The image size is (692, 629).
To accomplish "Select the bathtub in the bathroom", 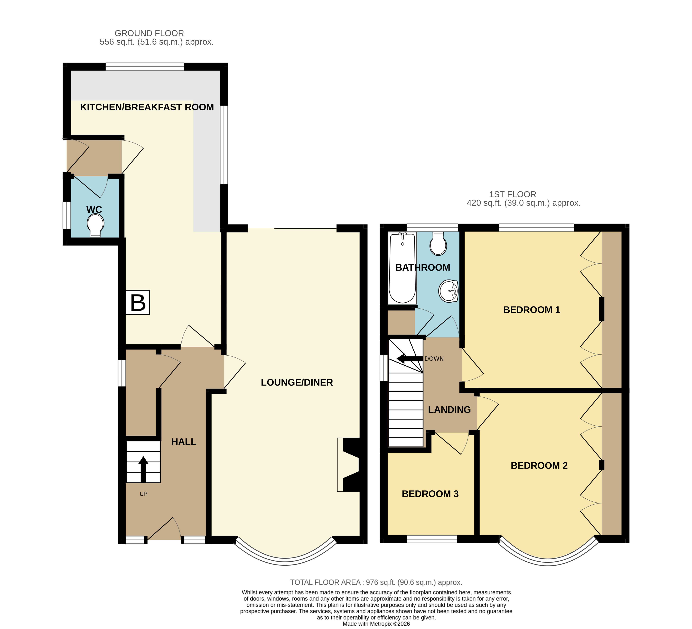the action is coord(402,268).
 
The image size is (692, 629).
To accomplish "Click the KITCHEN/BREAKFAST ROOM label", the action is coord(147,107).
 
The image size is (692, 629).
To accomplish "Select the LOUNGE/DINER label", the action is coord(297,382).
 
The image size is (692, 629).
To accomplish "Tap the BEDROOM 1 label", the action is coord(532,310).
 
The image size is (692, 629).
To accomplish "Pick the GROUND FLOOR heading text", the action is coord(149,33).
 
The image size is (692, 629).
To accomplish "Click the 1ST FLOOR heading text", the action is coord(512,194).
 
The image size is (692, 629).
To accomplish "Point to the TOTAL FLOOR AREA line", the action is coord(376,582).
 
